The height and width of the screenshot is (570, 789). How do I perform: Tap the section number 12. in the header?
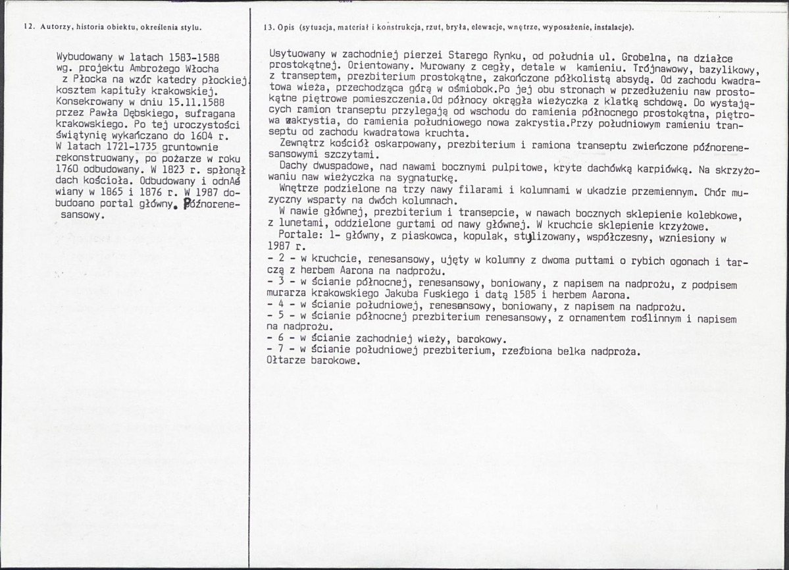tap(28, 27)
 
